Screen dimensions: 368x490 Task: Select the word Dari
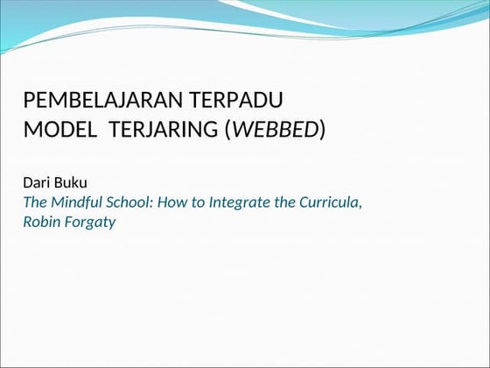point(38,182)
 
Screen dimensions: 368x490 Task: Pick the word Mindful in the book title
point(79,202)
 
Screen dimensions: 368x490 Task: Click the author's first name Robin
point(41,222)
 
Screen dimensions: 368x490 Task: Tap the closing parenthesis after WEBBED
point(322,131)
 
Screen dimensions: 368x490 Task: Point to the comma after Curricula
point(360,205)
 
